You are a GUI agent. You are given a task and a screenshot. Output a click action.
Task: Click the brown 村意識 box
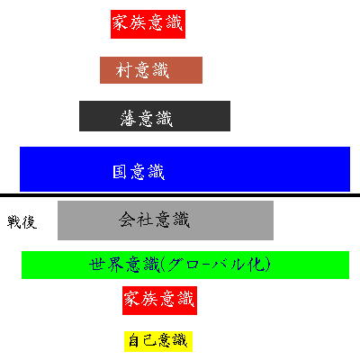point(151,70)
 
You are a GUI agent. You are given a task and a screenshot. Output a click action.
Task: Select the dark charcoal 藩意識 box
point(155,116)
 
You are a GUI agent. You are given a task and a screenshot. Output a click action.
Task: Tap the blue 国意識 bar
point(184,169)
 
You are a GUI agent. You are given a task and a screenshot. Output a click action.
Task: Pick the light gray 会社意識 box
point(166,220)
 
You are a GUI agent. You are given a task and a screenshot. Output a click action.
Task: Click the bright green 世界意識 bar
point(185,265)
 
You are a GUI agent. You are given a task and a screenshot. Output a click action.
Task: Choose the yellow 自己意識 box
point(158,341)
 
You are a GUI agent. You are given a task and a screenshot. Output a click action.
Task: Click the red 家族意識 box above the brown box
point(148,24)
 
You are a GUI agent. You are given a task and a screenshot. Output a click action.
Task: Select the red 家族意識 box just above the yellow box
point(159,301)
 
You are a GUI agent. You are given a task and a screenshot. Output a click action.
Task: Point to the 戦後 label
point(22,222)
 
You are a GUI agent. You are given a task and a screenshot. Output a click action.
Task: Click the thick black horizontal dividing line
point(180,195)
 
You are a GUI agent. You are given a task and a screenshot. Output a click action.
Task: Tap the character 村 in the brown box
point(123,70)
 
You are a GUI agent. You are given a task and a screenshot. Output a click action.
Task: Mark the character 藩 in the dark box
point(129,118)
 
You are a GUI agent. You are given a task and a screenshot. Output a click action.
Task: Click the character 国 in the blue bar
point(120,172)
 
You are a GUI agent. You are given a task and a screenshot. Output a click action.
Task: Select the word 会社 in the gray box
point(137,220)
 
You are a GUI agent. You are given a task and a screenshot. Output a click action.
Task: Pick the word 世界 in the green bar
point(106,265)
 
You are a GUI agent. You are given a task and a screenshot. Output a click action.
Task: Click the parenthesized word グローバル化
point(219,265)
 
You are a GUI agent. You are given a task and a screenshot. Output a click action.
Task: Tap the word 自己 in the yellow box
point(142,341)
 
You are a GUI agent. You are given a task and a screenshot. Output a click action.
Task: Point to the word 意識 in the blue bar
point(148,172)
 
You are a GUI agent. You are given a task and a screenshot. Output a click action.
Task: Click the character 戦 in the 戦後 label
point(14,222)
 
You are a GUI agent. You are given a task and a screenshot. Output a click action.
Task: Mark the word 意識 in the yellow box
point(173,340)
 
